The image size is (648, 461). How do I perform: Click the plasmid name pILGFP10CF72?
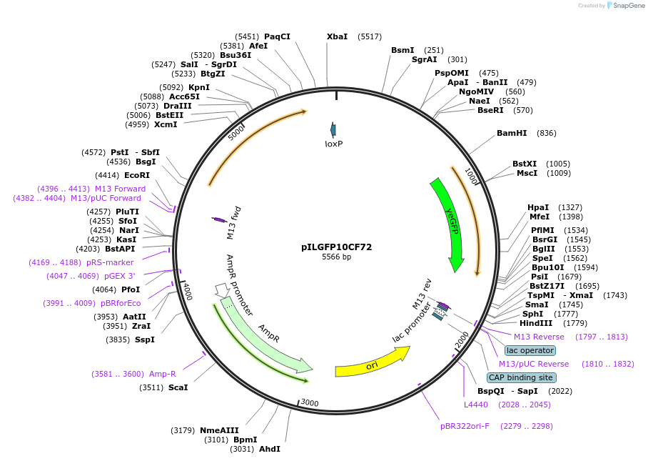tap(336, 247)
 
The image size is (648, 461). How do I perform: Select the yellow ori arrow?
tap(371, 362)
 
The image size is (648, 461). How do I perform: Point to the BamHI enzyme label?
tap(512, 133)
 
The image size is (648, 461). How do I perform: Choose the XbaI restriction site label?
tap(337, 36)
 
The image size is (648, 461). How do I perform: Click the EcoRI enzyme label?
tap(137, 175)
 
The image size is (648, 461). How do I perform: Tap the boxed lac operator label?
tap(530, 350)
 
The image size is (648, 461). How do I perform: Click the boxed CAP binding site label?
tap(520, 377)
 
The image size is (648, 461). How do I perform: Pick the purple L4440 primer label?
tap(476, 405)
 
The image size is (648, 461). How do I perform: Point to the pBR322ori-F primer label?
tap(465, 426)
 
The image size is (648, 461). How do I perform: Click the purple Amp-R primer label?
tap(163, 374)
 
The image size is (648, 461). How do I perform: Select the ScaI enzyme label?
tap(178, 387)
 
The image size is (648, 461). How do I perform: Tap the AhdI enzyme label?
tap(270, 449)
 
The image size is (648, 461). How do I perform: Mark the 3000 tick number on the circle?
tap(310, 403)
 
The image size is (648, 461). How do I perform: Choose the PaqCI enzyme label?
tap(277, 36)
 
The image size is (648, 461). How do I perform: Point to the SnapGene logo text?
tap(624, 6)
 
